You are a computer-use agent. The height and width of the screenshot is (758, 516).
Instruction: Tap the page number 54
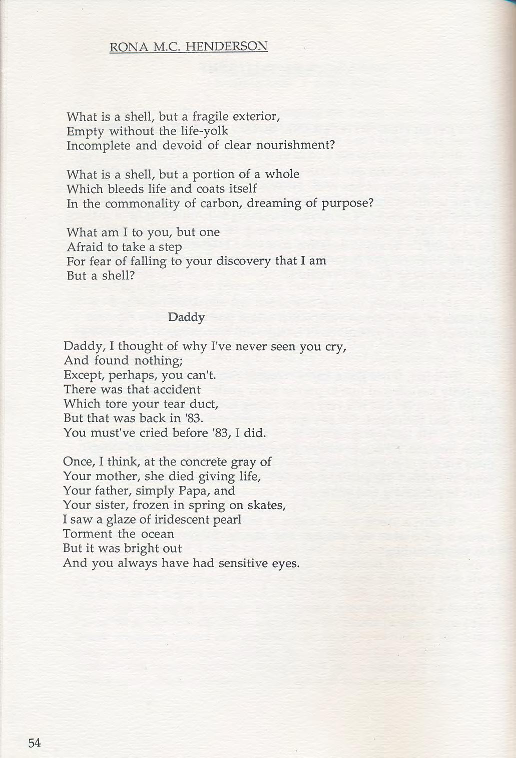pos(35,743)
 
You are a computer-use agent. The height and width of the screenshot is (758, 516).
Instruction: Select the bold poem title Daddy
pos(186,317)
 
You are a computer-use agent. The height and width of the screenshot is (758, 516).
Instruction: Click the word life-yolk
pos(203,131)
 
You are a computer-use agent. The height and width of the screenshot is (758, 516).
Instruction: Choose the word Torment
pos(88,534)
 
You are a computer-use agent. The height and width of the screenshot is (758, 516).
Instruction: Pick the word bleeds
pos(113,189)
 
